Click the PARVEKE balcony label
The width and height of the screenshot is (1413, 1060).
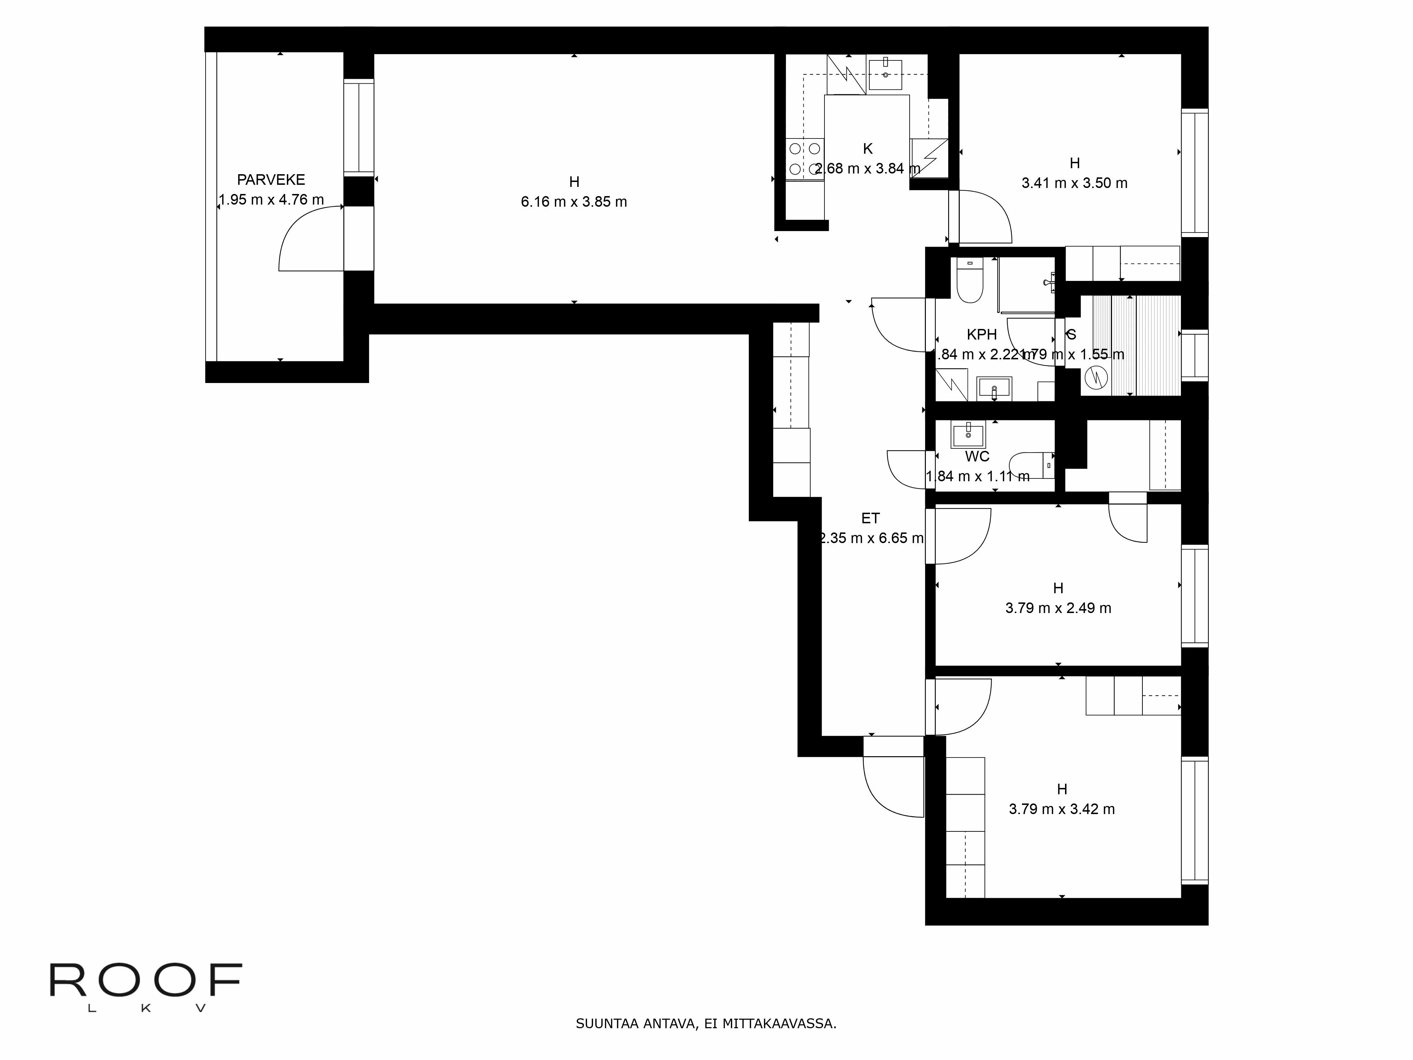pos(271,179)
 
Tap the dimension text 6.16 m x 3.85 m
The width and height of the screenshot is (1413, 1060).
pos(574,202)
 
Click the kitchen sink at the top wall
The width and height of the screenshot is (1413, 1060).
pos(885,74)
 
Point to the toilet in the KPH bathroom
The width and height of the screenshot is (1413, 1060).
pos(970,281)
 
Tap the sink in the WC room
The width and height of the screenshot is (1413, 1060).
pos(968,435)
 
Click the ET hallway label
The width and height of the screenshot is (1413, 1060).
pos(870,518)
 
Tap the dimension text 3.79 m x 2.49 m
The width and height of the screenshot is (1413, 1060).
pos(1058,608)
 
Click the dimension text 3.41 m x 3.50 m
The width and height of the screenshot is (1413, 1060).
pos(1075,183)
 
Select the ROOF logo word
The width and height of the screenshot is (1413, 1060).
pos(146,980)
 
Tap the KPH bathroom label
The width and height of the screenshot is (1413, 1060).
pos(981,334)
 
